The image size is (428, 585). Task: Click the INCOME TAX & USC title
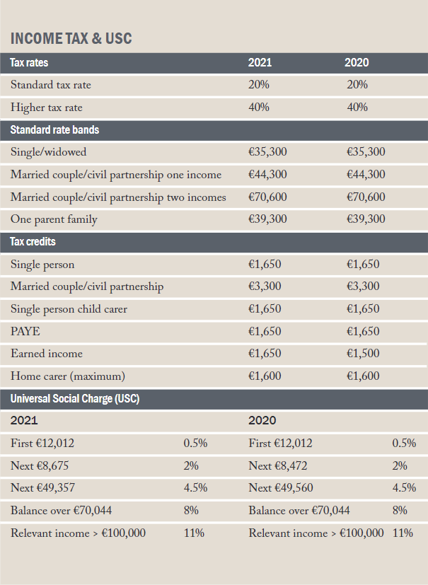point(71,38)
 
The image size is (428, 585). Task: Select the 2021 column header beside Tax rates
point(260,62)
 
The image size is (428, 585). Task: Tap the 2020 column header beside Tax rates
point(357,62)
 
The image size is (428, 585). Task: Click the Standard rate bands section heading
point(54,130)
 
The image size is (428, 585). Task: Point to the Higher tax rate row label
point(46,108)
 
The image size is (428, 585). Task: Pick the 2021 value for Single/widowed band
point(267,152)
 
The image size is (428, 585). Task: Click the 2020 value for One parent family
point(366,219)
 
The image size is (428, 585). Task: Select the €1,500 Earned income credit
point(363,353)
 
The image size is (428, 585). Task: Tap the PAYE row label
point(25,331)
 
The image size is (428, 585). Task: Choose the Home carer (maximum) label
point(68,376)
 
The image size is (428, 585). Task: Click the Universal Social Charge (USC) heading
point(75,398)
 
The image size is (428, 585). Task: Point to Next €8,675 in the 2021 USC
point(40,465)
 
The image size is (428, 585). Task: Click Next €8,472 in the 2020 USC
point(277,465)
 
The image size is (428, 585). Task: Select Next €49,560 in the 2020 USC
point(281,487)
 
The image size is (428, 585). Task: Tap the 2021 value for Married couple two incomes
point(267,197)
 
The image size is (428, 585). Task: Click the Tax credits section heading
point(33,242)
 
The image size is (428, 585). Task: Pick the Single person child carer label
point(69,309)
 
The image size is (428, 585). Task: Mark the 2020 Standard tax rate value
point(357,85)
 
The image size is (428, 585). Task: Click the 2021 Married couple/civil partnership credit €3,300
point(265,286)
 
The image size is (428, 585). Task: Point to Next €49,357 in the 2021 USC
point(43,487)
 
